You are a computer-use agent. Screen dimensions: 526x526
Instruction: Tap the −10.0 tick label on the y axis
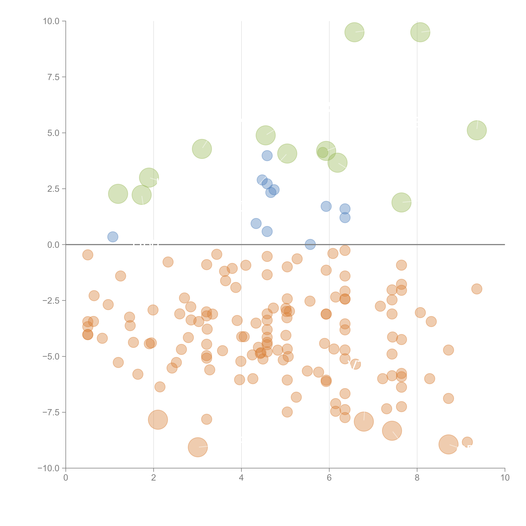[48, 468]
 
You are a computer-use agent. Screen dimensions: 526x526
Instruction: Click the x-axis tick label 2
[154, 478]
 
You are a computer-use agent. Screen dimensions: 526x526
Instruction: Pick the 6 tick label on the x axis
[329, 478]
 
